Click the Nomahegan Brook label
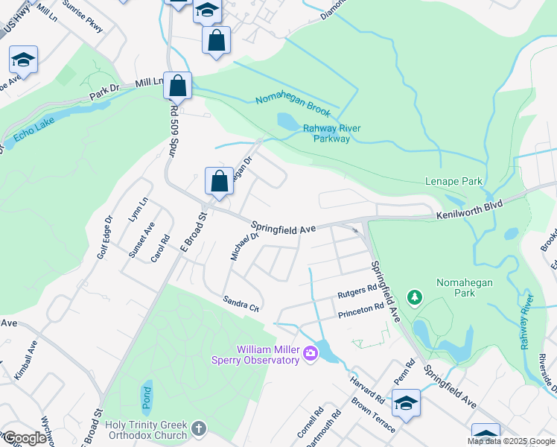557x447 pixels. point(293,105)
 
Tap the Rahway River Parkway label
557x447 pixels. point(331,133)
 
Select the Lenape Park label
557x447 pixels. point(453,181)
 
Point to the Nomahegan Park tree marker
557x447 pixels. point(416,298)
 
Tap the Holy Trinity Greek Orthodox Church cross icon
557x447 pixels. point(197,428)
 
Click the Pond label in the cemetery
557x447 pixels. point(145,393)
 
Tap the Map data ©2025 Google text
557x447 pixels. point(511,441)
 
